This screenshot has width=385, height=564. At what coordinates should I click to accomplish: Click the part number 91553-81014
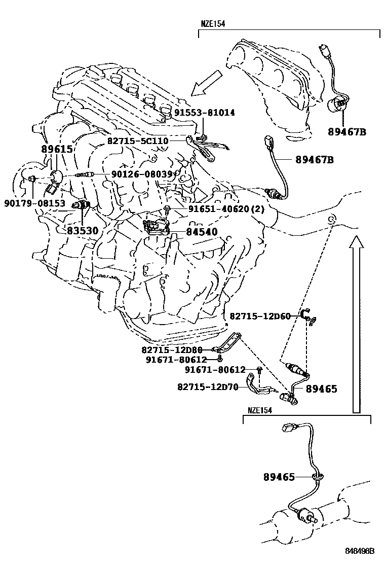(205, 113)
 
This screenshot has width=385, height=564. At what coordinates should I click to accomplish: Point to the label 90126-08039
(142, 174)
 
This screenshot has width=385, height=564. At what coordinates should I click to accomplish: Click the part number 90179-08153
(35, 203)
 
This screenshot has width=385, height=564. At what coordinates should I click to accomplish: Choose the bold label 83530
(83, 230)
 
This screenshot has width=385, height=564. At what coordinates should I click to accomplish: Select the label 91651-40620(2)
(219, 208)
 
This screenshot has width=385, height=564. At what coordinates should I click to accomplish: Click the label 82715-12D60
(260, 316)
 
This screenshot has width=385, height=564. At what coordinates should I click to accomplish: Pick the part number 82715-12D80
(172, 349)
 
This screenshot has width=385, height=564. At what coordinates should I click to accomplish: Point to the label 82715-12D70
(208, 386)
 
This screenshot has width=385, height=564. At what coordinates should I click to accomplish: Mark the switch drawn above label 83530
(81, 205)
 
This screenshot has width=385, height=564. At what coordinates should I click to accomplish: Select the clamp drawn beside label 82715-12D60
(307, 315)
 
